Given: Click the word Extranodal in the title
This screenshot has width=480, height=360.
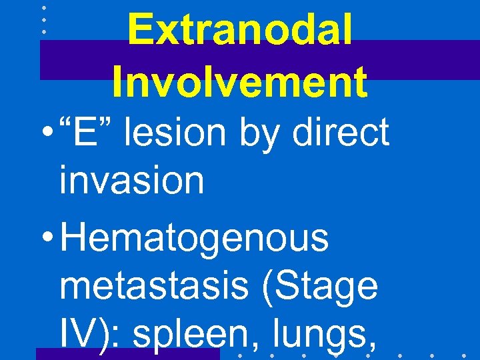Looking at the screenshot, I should [x=239, y=30].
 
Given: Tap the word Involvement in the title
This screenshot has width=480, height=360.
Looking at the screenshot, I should [x=239, y=82].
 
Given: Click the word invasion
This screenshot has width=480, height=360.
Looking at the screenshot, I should [x=131, y=180].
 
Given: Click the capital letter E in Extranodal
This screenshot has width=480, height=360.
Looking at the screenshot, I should [x=141, y=30].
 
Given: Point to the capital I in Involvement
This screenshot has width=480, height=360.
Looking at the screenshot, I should [x=117, y=82].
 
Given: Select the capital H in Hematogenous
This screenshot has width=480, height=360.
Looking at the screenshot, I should [x=73, y=239].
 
